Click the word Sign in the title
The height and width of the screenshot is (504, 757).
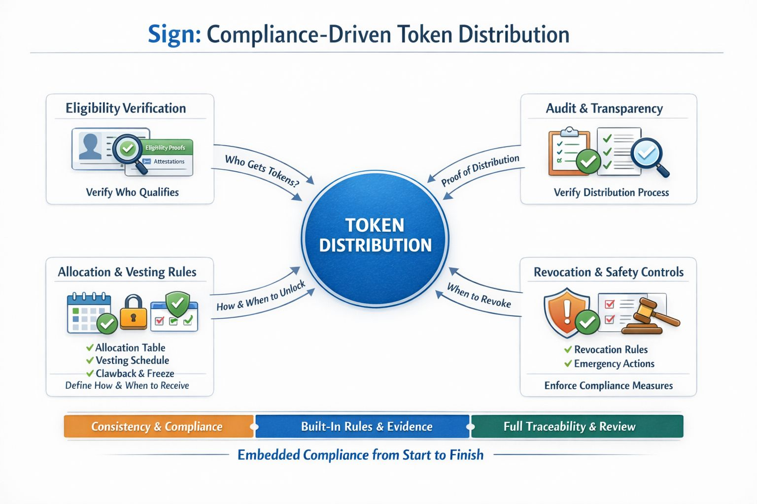[173, 35]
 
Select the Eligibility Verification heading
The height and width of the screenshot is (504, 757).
[126, 108]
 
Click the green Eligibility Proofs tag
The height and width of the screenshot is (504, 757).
[166, 148]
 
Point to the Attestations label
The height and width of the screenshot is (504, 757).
[169, 161]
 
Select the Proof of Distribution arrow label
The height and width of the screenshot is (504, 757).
[480, 170]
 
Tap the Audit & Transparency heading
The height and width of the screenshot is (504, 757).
[604, 108]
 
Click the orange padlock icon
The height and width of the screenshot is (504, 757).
[133, 313]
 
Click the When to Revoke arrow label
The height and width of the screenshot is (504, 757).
[479, 295]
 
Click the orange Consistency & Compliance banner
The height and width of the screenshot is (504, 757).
[157, 426]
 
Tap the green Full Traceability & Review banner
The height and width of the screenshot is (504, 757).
[569, 426]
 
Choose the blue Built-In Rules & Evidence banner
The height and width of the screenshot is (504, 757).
[366, 426]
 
